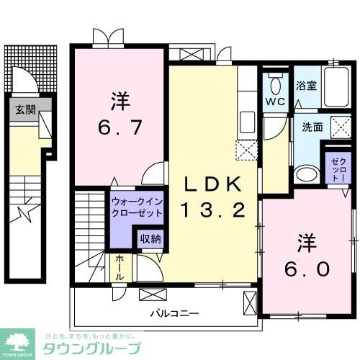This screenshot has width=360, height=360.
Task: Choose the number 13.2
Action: click(x=216, y=211)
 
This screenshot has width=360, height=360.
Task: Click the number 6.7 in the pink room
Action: click(x=120, y=130)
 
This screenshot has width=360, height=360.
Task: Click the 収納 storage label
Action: click(x=150, y=238)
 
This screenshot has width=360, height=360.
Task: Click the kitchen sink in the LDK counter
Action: click(x=247, y=120)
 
